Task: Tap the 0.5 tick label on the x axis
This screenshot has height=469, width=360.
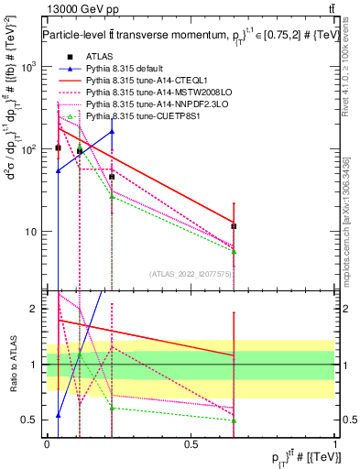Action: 191,443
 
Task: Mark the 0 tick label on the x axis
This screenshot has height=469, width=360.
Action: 47,443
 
